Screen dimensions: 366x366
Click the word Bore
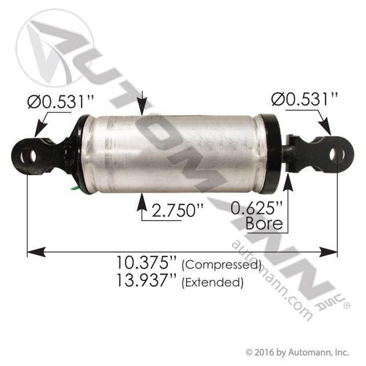(263, 223)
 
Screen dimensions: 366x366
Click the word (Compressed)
(221, 265)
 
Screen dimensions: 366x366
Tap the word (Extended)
(212, 283)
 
